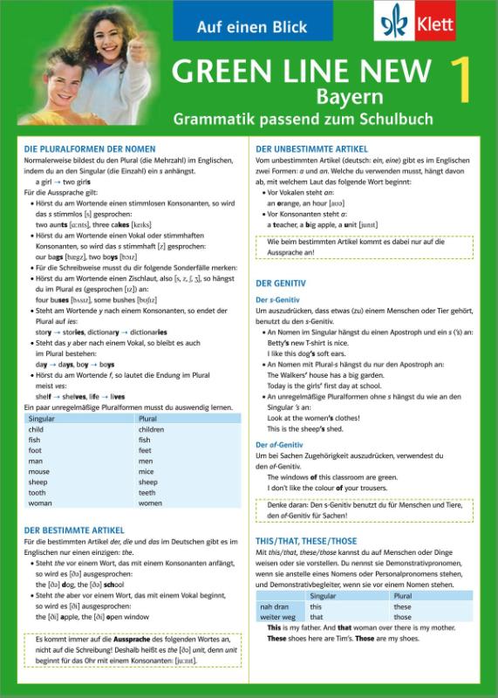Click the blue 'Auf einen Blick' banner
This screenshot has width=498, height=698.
(x=229, y=21)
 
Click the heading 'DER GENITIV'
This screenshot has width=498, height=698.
(x=280, y=284)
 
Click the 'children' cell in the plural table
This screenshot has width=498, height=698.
(x=151, y=430)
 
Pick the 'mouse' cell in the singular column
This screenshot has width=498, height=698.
(x=38, y=471)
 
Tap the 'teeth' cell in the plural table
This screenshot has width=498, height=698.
(x=148, y=491)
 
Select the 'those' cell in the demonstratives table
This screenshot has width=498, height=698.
(x=402, y=616)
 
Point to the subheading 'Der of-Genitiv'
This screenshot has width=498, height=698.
(x=279, y=444)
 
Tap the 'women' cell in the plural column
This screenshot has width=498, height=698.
(x=150, y=503)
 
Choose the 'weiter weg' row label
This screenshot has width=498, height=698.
(x=276, y=616)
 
